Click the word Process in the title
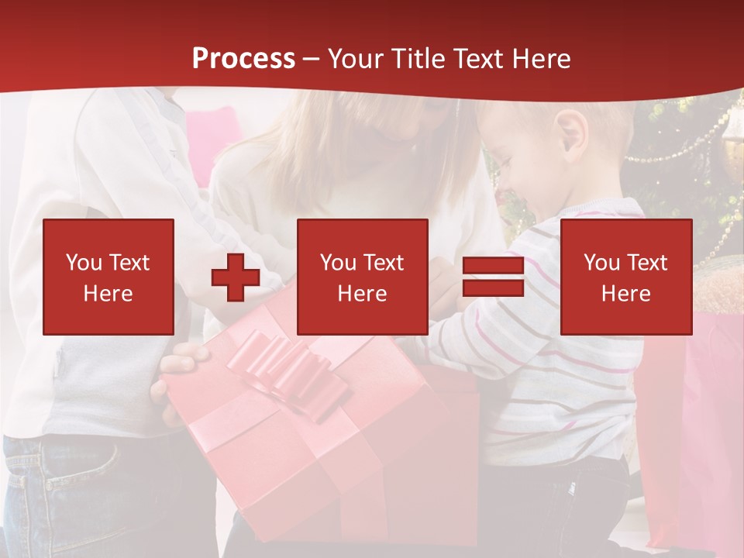pyautogui.click(x=243, y=59)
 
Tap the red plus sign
pyautogui.click(x=236, y=277)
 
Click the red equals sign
pyautogui.click(x=493, y=277)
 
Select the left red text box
pyautogui.click(x=108, y=277)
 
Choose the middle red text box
pyautogui.click(x=363, y=277)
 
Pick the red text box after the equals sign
pyautogui.click(x=626, y=277)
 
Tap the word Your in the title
pyautogui.click(x=355, y=59)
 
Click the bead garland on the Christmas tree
pyautogui.click(x=682, y=147)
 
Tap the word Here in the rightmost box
pyautogui.click(x=626, y=294)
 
